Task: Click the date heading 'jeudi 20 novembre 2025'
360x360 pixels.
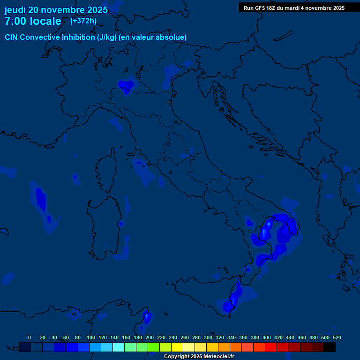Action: click(56, 10)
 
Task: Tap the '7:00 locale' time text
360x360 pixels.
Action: click(33, 21)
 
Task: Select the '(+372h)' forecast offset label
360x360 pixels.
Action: click(83, 21)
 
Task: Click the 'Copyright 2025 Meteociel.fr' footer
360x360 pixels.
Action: click(199, 356)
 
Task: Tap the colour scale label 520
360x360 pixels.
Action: click(337, 337)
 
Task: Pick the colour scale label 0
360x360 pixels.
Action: click(30, 337)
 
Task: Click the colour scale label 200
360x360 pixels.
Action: click(150, 337)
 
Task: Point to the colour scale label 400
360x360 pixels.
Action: click(267, 337)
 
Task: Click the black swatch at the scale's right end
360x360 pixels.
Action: click(330, 347)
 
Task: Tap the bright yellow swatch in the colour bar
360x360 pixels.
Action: click(177, 347)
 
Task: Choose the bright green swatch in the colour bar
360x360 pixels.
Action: click(154, 347)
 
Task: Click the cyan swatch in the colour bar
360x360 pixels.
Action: click(119, 347)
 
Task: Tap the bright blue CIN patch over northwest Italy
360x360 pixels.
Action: click(126, 85)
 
